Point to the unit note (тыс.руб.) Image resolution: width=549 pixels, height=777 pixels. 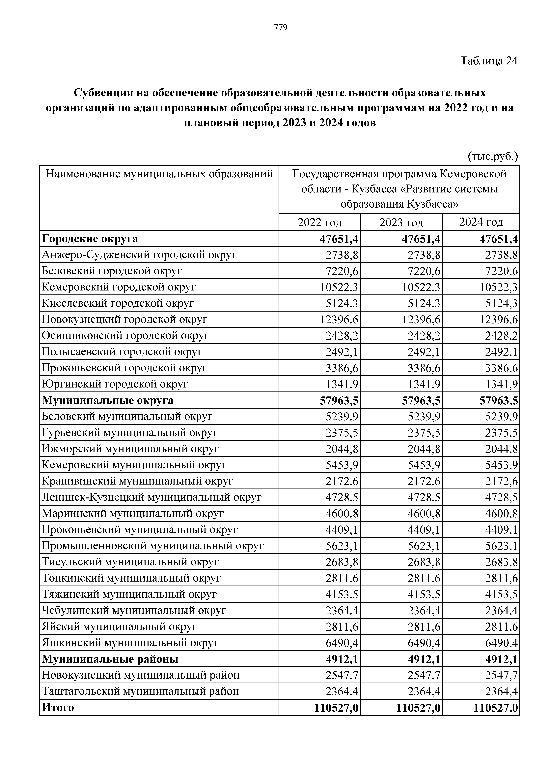coord(493,156)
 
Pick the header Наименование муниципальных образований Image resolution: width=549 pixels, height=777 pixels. coord(159,174)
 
